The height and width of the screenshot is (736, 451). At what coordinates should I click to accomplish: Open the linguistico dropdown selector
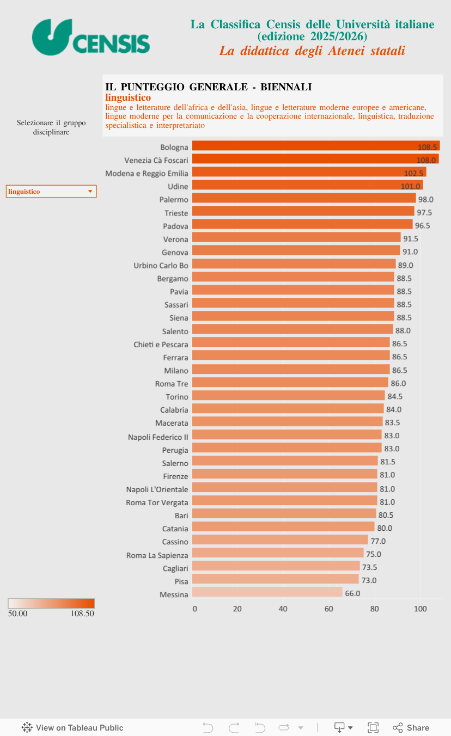click(51, 192)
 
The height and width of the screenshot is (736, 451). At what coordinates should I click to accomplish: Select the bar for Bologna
click(316, 146)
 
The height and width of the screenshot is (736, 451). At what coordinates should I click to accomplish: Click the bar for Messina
click(267, 592)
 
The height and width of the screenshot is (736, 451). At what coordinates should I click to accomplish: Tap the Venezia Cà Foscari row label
click(156, 160)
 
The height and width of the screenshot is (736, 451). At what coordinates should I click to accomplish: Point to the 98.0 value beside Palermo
click(425, 199)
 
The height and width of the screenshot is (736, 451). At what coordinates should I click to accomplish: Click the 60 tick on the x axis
click(328, 609)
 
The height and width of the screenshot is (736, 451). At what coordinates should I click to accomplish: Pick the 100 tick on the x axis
click(420, 609)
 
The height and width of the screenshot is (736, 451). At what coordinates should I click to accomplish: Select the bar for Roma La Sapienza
click(278, 553)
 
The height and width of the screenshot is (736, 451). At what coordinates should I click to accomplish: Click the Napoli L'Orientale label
click(157, 489)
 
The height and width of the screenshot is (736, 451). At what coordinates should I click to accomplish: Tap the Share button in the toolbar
click(411, 728)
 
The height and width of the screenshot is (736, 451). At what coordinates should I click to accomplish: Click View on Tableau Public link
click(72, 728)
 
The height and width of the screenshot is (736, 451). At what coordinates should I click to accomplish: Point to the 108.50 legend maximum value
click(82, 614)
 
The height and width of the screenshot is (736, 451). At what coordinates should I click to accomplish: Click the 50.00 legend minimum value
click(18, 614)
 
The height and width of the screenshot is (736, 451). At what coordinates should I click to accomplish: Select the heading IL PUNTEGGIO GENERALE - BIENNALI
click(209, 87)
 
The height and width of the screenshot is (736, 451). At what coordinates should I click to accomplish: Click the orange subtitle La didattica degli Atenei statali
click(312, 51)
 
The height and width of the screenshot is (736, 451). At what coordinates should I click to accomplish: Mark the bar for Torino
click(289, 396)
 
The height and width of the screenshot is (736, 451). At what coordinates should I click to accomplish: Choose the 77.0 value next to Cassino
click(378, 541)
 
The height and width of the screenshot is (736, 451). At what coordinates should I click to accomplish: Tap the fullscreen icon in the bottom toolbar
click(373, 728)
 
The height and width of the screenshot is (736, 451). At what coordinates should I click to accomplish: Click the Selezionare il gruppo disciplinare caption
click(51, 127)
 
